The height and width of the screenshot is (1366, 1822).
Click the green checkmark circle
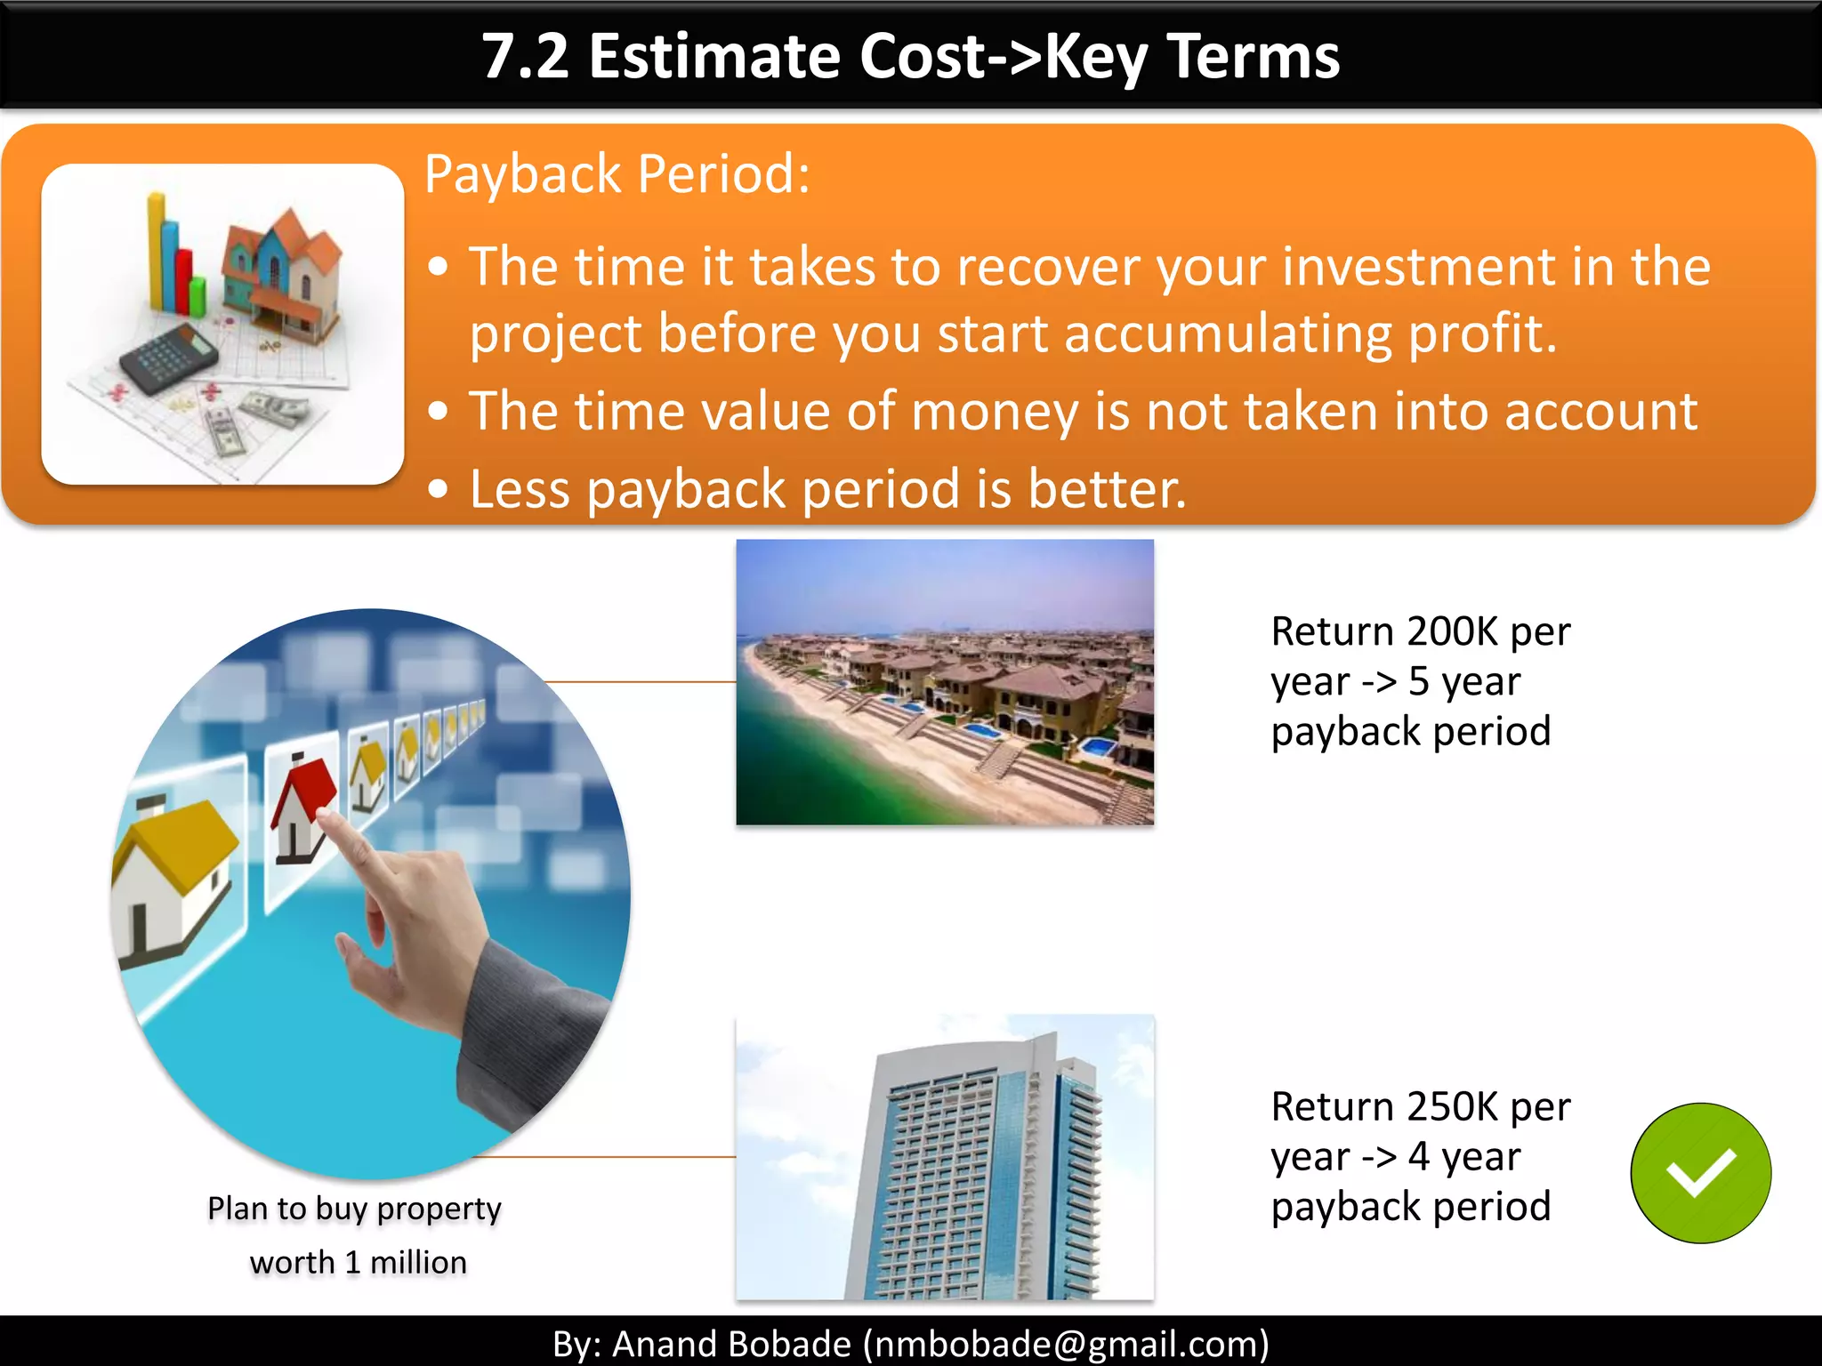tap(1700, 1172)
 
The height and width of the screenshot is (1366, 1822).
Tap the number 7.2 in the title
tap(526, 56)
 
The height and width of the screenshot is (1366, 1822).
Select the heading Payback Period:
tap(617, 173)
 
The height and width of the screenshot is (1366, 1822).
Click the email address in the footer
tap(1066, 1343)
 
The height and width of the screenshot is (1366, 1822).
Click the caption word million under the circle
tap(418, 1263)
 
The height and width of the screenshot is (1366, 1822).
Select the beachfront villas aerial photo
tap(945, 682)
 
